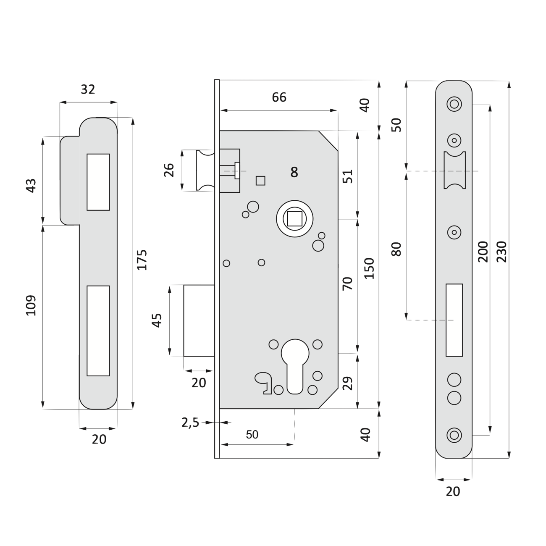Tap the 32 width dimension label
pos(88,89)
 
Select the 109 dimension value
pos(31,305)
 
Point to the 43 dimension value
pos(31,186)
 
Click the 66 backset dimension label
pos(279,97)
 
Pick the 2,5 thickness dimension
pos(190,423)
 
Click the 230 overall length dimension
pos(502,252)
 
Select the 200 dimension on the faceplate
pos(483,252)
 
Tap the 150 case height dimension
pos(369,268)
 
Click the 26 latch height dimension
pos(169,170)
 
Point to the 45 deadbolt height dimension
pos(157,320)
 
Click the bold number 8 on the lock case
pos(294,172)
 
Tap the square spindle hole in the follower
pos(295,218)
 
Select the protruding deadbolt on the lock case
pos(199,320)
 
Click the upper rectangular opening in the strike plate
pos(98,182)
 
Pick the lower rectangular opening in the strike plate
pos(98,331)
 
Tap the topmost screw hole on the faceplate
pos(454,104)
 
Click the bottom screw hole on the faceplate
pos(454,435)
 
